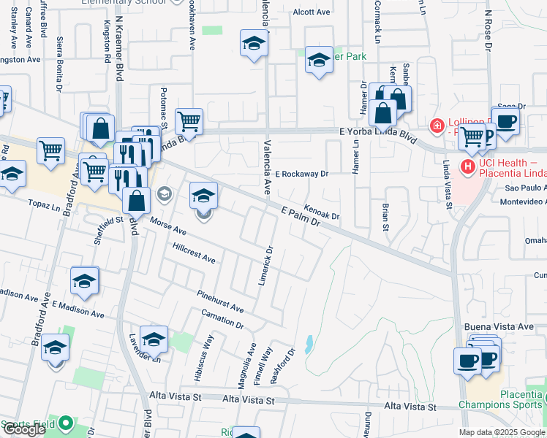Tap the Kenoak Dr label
pos(322,212)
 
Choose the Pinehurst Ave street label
pos(219,300)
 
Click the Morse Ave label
pos(169,226)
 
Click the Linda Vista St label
pos(445,186)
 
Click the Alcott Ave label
pos(312,12)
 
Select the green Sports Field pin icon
pos(66,423)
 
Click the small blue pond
pos(309,342)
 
